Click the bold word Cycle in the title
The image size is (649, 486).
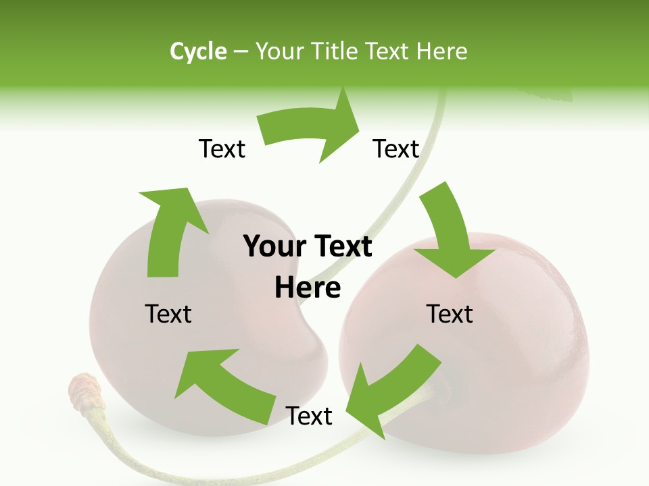click(x=198, y=51)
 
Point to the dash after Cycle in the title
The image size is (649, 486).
click(x=241, y=52)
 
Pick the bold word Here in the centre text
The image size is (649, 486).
click(x=308, y=288)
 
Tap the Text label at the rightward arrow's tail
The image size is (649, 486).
click(x=222, y=148)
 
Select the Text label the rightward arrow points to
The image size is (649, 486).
click(x=396, y=148)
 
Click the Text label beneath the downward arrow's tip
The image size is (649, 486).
click(x=450, y=314)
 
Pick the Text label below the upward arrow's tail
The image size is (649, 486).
click(x=168, y=314)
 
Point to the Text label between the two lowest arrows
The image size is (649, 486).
click(x=309, y=416)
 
